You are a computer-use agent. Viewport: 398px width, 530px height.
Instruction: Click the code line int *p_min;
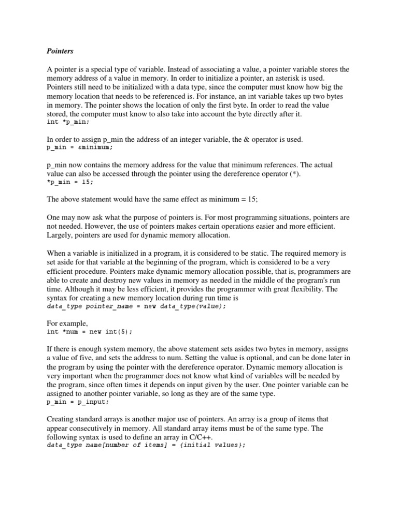[x=68, y=122]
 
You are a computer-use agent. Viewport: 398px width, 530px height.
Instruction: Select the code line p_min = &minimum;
[x=79, y=147]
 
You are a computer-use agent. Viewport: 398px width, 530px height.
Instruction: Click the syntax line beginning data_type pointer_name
[x=136, y=306]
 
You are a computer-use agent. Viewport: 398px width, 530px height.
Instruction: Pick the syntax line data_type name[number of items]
[x=146, y=445]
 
